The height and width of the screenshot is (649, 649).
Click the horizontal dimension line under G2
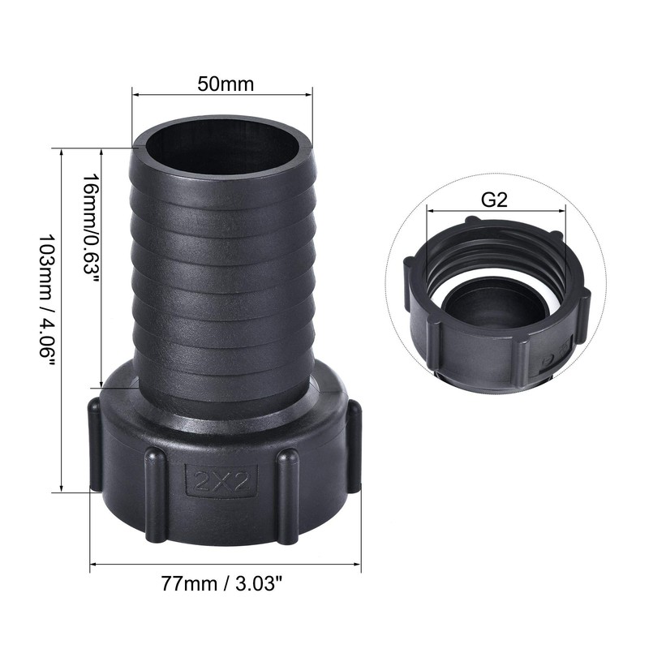[495, 212]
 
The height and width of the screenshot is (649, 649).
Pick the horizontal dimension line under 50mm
[221, 97]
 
